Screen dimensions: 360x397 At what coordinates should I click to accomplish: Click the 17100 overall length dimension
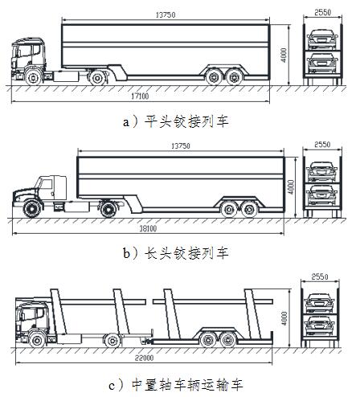click(x=140, y=96)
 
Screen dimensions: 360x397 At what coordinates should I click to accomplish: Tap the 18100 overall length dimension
click(x=148, y=228)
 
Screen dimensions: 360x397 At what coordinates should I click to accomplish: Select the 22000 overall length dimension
click(x=144, y=358)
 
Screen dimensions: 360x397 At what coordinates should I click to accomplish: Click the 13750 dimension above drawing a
click(x=166, y=14)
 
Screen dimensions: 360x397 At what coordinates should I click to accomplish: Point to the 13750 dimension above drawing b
click(x=181, y=146)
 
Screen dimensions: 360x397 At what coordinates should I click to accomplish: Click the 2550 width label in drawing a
click(x=323, y=12)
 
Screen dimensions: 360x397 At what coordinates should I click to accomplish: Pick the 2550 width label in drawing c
click(x=320, y=276)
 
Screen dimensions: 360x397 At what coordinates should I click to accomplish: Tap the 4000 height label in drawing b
click(x=291, y=187)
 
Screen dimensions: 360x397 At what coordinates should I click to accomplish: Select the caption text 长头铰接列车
click(x=186, y=253)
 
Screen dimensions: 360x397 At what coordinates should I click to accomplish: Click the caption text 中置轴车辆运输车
click(x=187, y=386)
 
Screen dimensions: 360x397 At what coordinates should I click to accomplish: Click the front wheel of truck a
click(x=33, y=77)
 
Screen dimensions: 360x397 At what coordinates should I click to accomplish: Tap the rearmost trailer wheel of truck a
click(x=235, y=77)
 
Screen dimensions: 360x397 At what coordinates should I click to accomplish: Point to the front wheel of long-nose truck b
click(x=32, y=209)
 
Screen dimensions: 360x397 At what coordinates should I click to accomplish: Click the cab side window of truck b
click(x=47, y=184)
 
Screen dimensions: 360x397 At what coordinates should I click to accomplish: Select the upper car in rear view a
click(x=322, y=39)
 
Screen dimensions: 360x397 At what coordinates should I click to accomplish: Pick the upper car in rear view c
click(x=320, y=303)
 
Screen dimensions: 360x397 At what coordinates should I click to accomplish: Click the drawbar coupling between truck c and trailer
click(x=146, y=342)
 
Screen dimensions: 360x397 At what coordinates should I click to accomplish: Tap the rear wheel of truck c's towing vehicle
click(x=112, y=340)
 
